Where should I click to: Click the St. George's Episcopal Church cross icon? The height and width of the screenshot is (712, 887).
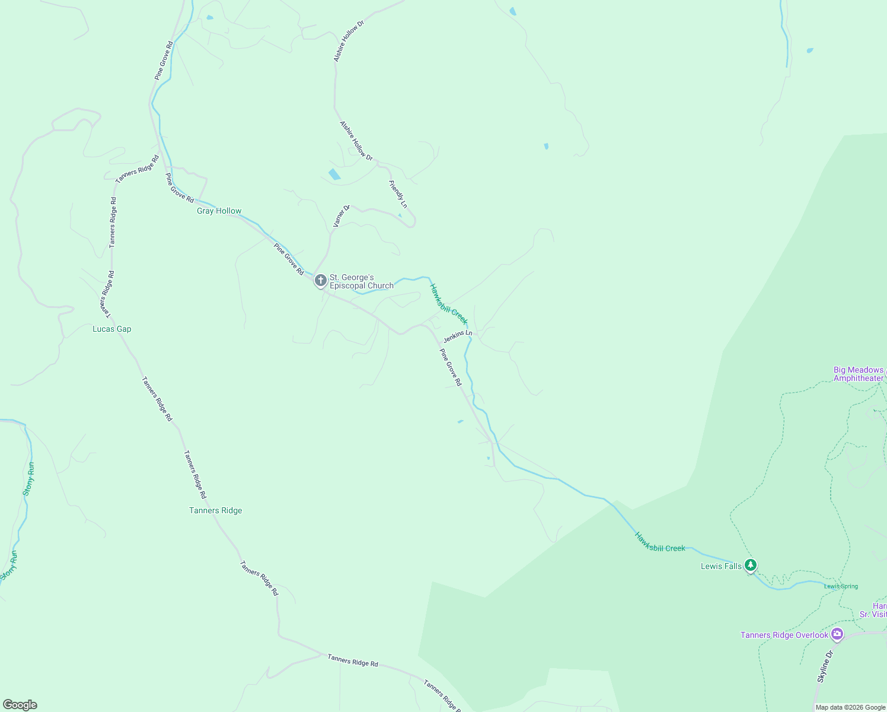(x=320, y=280)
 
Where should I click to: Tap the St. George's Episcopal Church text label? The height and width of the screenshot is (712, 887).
(x=361, y=281)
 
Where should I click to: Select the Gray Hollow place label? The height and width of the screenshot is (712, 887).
(x=219, y=211)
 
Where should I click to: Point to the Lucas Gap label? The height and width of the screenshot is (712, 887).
(x=111, y=329)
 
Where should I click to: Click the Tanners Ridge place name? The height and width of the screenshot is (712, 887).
(x=215, y=510)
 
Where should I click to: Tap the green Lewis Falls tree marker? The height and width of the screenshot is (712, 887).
(x=751, y=565)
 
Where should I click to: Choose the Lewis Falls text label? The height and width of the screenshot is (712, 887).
(x=721, y=566)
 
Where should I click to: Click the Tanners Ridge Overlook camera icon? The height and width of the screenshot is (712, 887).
(x=837, y=634)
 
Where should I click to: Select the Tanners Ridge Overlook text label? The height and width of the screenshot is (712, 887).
(x=784, y=635)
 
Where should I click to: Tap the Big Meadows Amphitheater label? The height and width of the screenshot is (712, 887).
(x=859, y=374)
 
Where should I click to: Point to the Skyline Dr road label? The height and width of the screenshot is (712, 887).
(x=825, y=666)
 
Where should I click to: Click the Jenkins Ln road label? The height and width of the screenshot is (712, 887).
(x=458, y=336)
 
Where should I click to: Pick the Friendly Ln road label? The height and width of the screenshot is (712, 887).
(x=398, y=194)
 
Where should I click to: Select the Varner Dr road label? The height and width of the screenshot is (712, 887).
(x=342, y=216)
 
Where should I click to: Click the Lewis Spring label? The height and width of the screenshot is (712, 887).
(x=841, y=586)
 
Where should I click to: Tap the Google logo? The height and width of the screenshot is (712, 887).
(x=20, y=705)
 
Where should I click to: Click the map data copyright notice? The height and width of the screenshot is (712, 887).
(x=850, y=707)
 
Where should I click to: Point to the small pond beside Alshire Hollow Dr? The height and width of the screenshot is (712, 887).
(x=334, y=174)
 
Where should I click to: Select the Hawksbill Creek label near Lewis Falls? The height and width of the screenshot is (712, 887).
(x=660, y=541)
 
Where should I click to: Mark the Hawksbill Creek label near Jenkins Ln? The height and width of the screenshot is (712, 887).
(x=449, y=304)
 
